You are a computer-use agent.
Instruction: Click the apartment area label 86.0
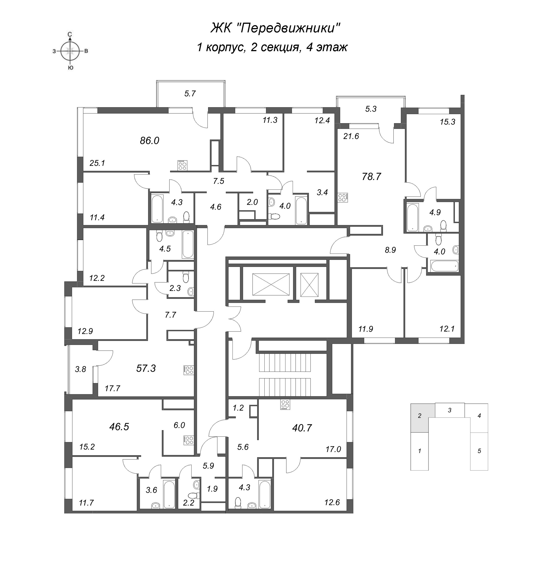(x=150, y=141)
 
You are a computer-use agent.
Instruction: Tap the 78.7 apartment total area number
(x=371, y=176)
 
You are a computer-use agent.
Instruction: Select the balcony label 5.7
(x=190, y=94)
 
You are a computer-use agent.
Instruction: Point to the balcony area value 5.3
(x=371, y=109)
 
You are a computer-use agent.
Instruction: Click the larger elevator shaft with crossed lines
(x=271, y=284)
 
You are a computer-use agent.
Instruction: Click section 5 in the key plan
(x=479, y=451)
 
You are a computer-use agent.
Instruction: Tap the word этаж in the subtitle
(x=332, y=47)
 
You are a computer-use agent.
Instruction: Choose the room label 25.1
(x=97, y=163)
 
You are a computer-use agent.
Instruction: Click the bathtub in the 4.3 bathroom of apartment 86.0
(x=157, y=209)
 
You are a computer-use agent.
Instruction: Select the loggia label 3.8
(x=81, y=369)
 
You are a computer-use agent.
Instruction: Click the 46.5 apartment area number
(x=119, y=427)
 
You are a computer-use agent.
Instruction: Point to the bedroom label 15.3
(x=447, y=122)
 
